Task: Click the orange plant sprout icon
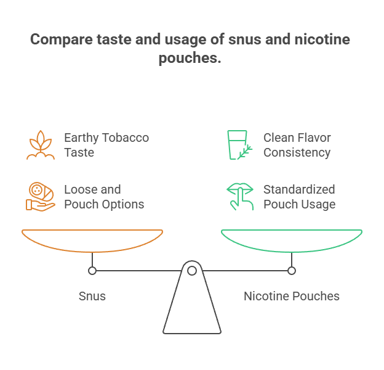(41, 145)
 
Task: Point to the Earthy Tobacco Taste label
(106, 145)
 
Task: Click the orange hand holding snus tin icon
(41, 197)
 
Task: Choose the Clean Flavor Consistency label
(297, 145)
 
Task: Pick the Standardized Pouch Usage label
(299, 197)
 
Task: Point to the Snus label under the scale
(92, 296)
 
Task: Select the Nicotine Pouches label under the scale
(292, 296)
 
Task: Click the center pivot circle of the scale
(192, 271)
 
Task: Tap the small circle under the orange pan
(92, 271)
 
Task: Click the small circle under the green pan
(292, 271)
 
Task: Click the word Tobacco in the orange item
(125, 138)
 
